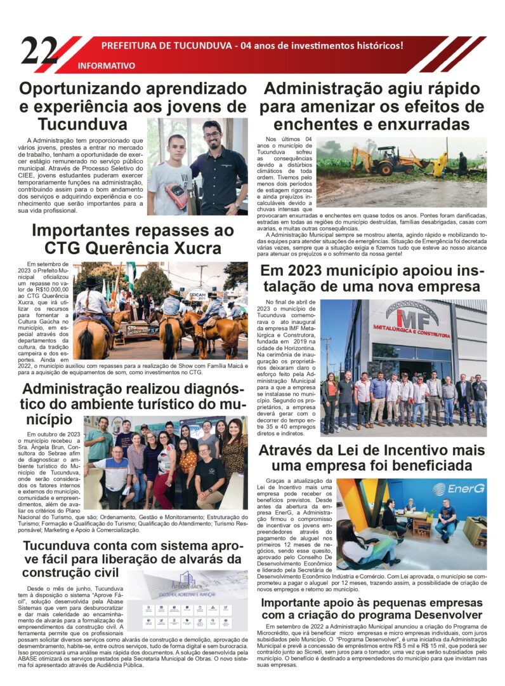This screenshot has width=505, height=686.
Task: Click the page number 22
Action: [x=39, y=51]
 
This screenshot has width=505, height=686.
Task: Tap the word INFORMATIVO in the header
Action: [x=106, y=65]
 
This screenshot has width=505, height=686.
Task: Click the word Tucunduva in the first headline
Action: [x=82, y=123]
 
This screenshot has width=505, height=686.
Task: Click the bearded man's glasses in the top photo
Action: [x=211, y=135]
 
